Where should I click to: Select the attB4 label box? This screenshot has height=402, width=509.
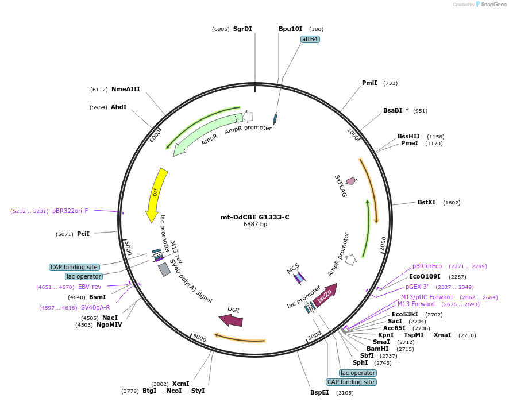(x=310, y=40)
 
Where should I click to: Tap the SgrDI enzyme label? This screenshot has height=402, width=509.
(x=242, y=29)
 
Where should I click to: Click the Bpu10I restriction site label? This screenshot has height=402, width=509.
(x=290, y=29)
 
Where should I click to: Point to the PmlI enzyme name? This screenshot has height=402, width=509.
(x=369, y=83)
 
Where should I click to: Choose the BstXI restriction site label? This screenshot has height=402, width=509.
(x=426, y=202)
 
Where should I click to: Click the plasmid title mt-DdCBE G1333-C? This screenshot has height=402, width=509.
(x=255, y=217)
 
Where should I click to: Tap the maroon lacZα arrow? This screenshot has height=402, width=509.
(x=327, y=293)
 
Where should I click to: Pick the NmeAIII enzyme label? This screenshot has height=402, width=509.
(x=126, y=89)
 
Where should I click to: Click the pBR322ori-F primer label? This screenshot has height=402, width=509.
(x=70, y=211)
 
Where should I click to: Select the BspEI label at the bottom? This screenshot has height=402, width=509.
(x=320, y=393)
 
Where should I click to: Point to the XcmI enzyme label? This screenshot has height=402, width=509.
(x=180, y=384)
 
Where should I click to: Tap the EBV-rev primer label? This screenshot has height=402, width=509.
(x=90, y=287)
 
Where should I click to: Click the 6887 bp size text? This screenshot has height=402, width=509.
(x=255, y=224)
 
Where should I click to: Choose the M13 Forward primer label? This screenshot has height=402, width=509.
(x=416, y=304)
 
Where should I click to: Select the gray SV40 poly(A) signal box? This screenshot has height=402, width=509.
(x=164, y=269)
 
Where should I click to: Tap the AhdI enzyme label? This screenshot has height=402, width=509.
(x=118, y=107)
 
